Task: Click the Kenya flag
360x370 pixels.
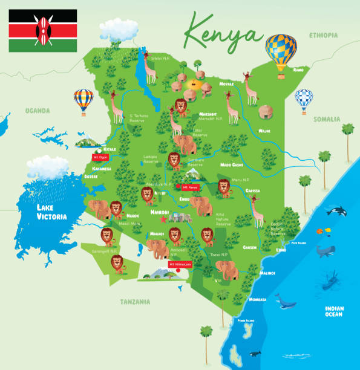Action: click(42, 30)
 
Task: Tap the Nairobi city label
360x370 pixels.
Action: click(159, 213)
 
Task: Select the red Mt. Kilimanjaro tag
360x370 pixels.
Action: click(180, 264)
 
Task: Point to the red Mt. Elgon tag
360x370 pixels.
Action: click(99, 157)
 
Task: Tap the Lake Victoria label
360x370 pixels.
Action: click(49, 212)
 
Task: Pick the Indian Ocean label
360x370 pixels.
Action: click(333, 311)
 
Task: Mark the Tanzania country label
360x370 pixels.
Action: click(134, 302)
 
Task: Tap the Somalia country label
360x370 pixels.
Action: click(327, 120)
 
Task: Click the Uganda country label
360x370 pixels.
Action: click(37, 111)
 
